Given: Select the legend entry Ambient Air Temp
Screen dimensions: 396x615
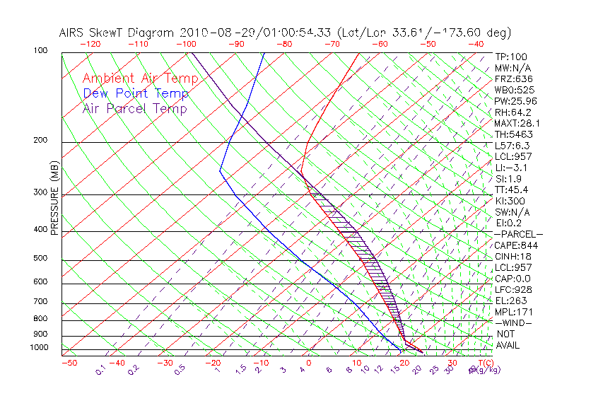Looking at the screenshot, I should click(135, 78).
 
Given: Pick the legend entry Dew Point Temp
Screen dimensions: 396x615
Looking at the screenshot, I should click(135, 93).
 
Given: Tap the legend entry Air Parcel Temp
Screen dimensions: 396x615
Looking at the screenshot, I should click(134, 108).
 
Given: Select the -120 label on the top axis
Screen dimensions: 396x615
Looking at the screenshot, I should click(91, 44).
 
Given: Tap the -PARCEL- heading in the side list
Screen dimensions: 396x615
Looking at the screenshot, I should click(517, 234).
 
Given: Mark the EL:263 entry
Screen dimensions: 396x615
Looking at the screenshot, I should click(510, 301).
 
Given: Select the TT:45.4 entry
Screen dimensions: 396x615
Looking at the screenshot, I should click(512, 190).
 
